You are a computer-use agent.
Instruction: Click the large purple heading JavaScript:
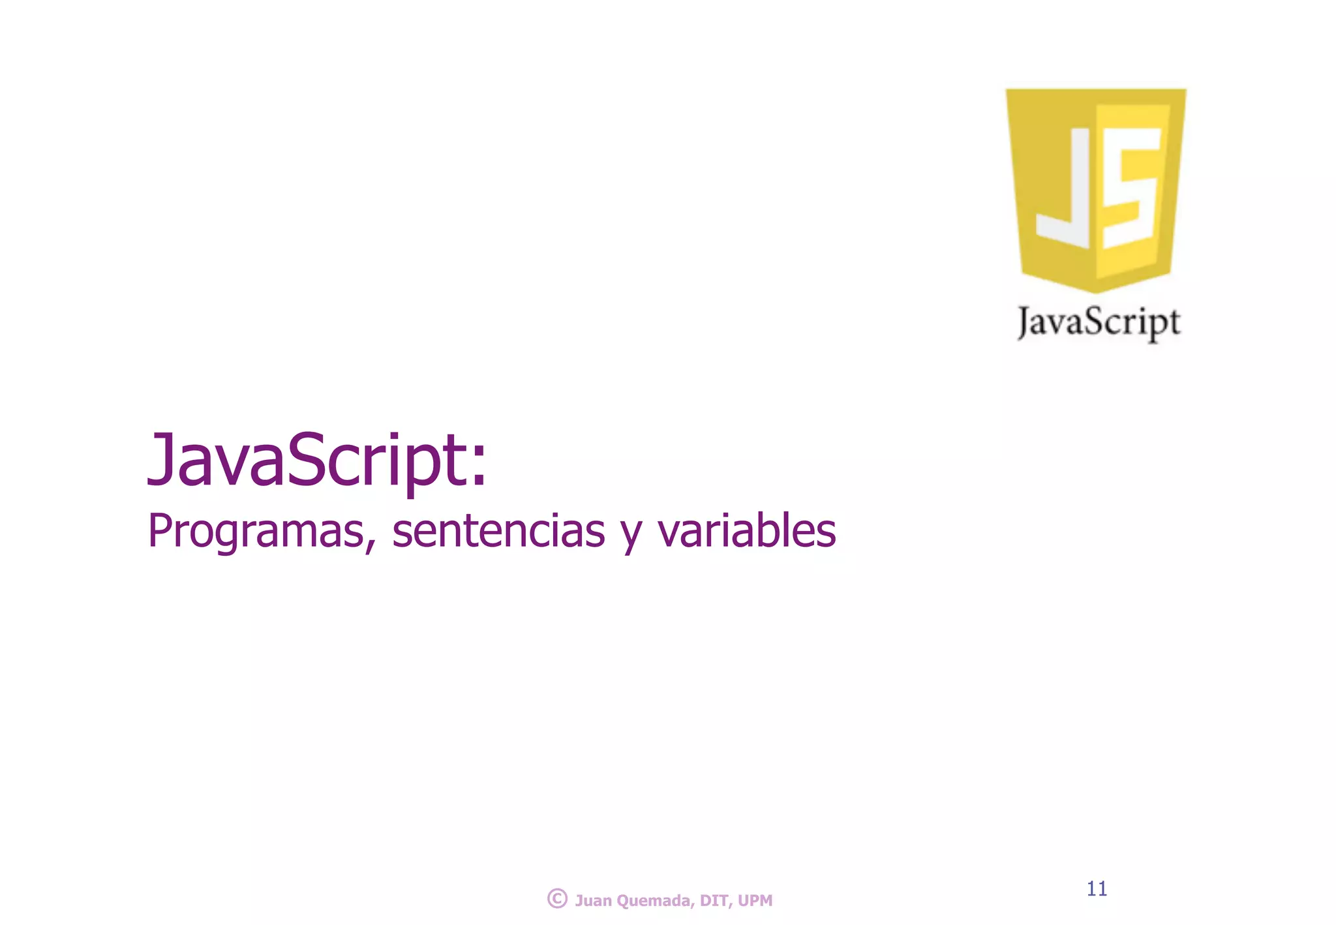pos(317,461)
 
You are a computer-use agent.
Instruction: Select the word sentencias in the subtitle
pos(498,531)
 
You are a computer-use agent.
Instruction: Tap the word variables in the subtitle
pos(746,531)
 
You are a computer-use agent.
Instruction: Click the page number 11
pos(1097,888)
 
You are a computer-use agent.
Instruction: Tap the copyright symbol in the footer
pos(557,899)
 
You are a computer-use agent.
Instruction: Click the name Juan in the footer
pos(593,901)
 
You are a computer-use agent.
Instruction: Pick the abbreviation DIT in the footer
pos(714,901)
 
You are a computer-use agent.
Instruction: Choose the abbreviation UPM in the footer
pos(755,901)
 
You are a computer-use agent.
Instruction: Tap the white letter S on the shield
pos(1131,189)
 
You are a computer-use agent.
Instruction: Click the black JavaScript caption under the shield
pos(1099,322)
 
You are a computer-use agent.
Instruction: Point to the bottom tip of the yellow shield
pos(1096,291)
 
